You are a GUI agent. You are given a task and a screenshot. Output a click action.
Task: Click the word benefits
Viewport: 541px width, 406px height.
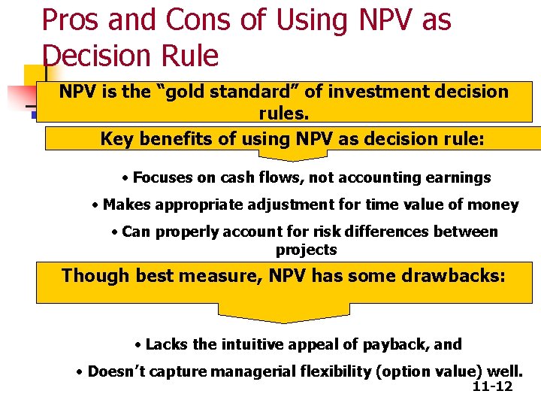tap(167, 139)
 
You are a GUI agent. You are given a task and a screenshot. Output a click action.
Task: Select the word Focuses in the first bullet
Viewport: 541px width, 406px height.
tap(162, 177)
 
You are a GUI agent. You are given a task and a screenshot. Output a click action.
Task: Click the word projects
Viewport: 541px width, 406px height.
tap(306, 250)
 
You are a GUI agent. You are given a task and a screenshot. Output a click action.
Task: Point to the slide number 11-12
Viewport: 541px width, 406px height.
tap(492, 386)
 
